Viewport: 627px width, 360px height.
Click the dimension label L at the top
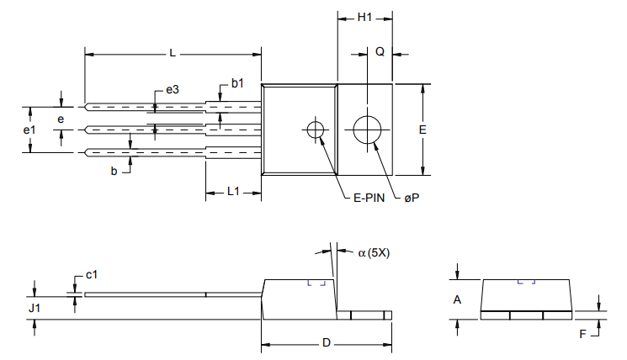coord(172,53)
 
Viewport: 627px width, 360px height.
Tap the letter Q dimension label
coord(380,52)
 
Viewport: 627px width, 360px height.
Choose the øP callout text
coord(412,198)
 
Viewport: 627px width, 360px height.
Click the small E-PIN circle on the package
coord(316,130)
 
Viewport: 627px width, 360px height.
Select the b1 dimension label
coord(237,83)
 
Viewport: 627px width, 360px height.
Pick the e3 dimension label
coord(172,89)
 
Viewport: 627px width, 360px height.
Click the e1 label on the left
coord(29,130)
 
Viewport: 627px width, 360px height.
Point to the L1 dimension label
coord(234,191)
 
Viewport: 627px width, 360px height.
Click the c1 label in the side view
coord(93,275)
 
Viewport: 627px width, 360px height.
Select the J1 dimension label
coord(34,310)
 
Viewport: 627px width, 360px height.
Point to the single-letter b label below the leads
coord(114,171)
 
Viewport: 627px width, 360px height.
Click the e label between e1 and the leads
coord(61,119)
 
